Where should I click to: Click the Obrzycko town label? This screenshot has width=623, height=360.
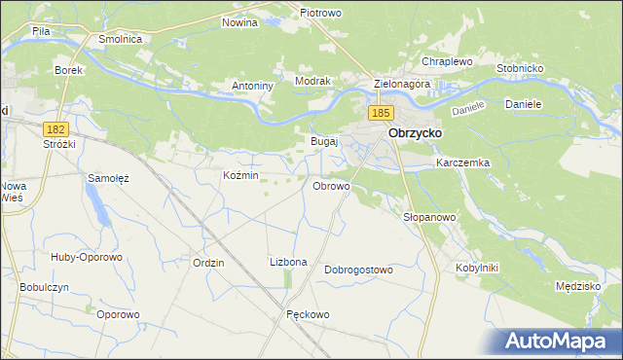415,132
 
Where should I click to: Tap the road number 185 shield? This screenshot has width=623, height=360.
381,114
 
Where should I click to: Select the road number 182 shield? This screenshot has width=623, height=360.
55,128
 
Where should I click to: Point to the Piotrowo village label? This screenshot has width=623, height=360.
319,13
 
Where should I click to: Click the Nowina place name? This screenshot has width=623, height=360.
239,22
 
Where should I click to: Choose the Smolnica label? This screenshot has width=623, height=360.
122,39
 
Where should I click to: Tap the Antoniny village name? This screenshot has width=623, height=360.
252,86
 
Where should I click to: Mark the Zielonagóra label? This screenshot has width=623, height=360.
401,85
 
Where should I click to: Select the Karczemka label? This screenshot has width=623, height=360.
462,162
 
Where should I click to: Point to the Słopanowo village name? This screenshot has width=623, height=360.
429,217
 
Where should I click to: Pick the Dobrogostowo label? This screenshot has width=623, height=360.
358,270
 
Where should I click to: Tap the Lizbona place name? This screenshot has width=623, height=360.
288,262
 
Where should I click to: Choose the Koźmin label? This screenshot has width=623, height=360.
240,175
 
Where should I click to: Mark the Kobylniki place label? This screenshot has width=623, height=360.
476,267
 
